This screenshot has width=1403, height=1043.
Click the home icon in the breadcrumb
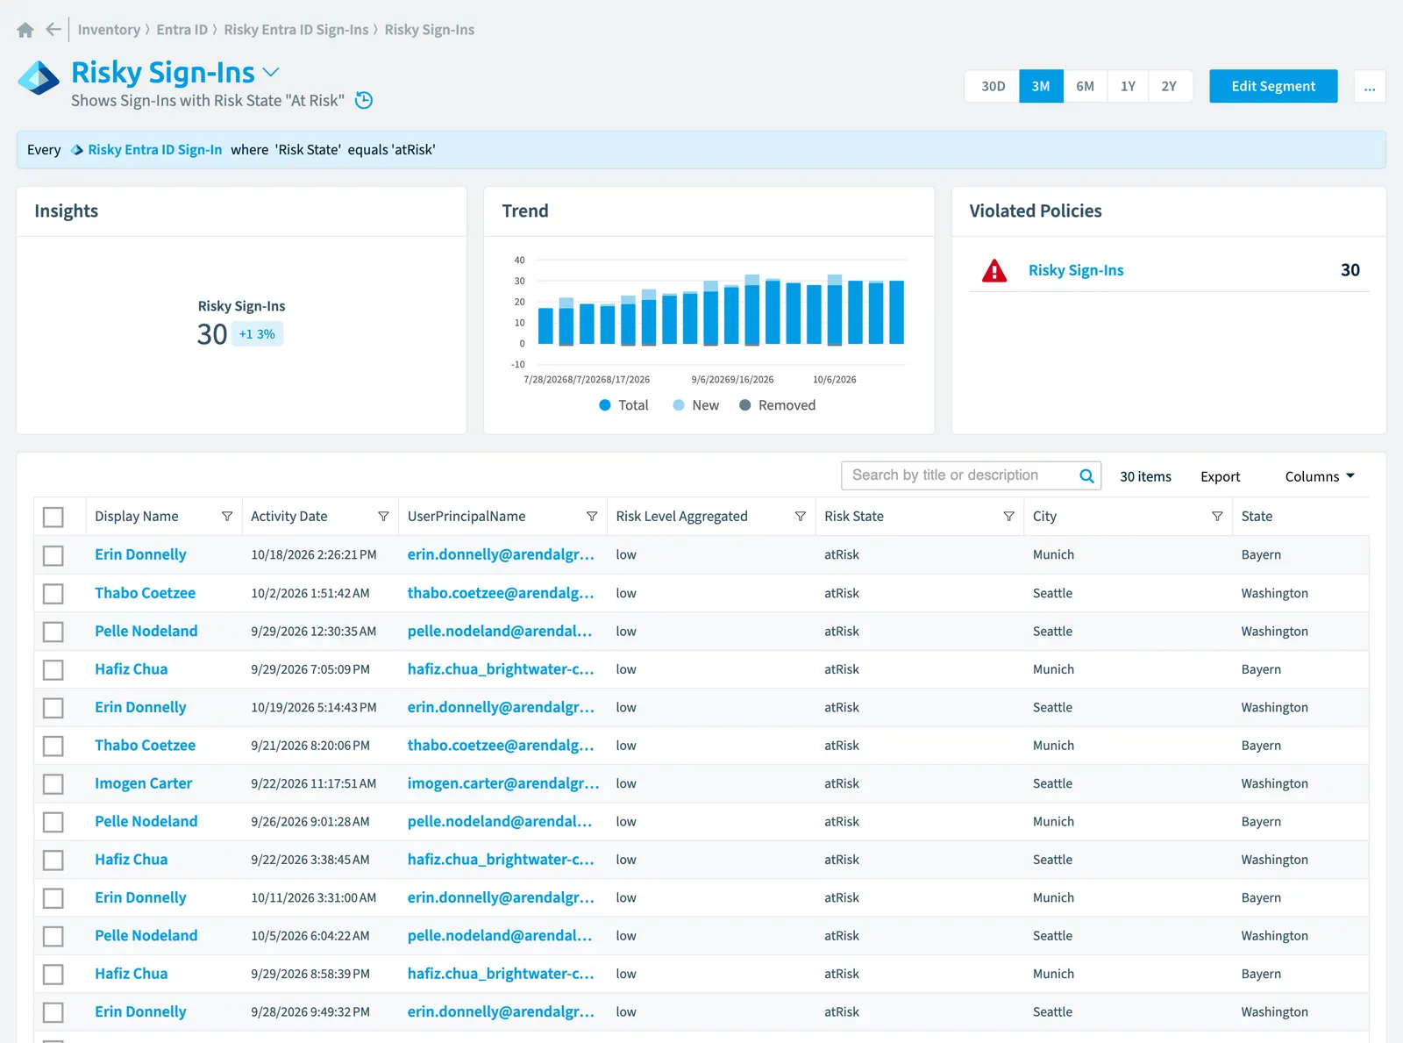tap(25, 30)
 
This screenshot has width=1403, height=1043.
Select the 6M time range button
tap(1085, 86)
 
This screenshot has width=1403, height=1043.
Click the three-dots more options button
tap(1370, 86)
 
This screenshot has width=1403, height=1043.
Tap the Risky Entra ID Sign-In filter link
tap(154, 149)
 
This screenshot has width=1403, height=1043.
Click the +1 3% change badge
tap(257, 334)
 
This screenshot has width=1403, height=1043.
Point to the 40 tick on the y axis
tap(519, 261)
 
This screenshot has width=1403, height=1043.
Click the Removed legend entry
tap(778, 405)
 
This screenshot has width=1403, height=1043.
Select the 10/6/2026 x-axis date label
tap(834, 380)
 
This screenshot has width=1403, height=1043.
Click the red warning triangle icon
tap(994, 270)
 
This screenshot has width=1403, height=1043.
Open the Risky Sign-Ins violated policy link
tap(1076, 270)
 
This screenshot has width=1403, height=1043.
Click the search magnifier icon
tap(1086, 476)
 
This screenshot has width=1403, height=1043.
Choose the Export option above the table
tap(1221, 476)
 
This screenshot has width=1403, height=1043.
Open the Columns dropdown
tap(1320, 476)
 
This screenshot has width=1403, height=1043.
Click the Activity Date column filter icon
tap(383, 517)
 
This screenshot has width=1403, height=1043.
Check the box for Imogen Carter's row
tap(53, 783)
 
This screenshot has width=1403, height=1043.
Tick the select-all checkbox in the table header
tap(53, 517)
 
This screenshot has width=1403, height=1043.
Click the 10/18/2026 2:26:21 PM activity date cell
tap(314, 555)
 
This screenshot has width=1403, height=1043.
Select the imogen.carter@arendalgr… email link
tap(502, 783)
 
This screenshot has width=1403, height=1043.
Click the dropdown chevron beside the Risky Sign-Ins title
tap(271, 72)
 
